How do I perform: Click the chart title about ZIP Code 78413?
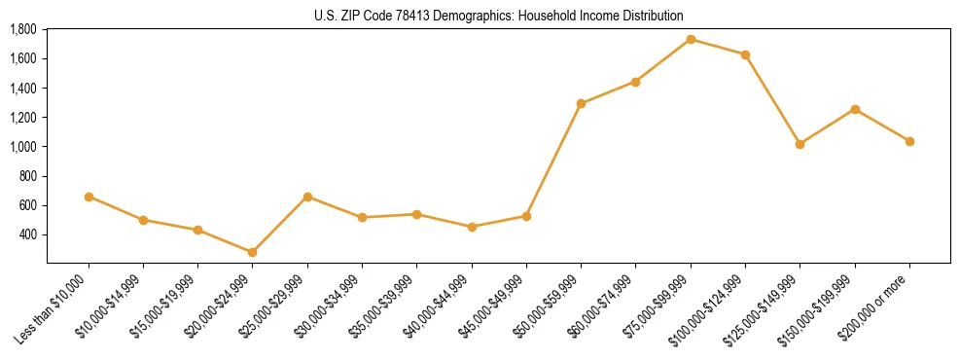tap(499, 16)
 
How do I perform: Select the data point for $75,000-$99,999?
tap(691, 39)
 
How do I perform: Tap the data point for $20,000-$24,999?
tap(253, 252)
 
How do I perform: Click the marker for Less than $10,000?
tap(89, 197)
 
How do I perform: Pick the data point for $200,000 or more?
tap(909, 141)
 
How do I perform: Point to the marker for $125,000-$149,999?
tap(800, 144)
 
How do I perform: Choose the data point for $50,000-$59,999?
tap(581, 103)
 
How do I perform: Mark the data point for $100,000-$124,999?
tap(745, 54)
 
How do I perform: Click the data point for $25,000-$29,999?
tap(307, 197)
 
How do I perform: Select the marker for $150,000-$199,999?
tap(855, 109)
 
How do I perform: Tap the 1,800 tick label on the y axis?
tap(22, 29)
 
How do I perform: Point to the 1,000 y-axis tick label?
tap(22, 147)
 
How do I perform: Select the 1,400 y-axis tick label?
tap(22, 88)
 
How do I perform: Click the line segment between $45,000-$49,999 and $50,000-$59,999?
tap(553, 160)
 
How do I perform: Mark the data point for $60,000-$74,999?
tap(635, 82)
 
